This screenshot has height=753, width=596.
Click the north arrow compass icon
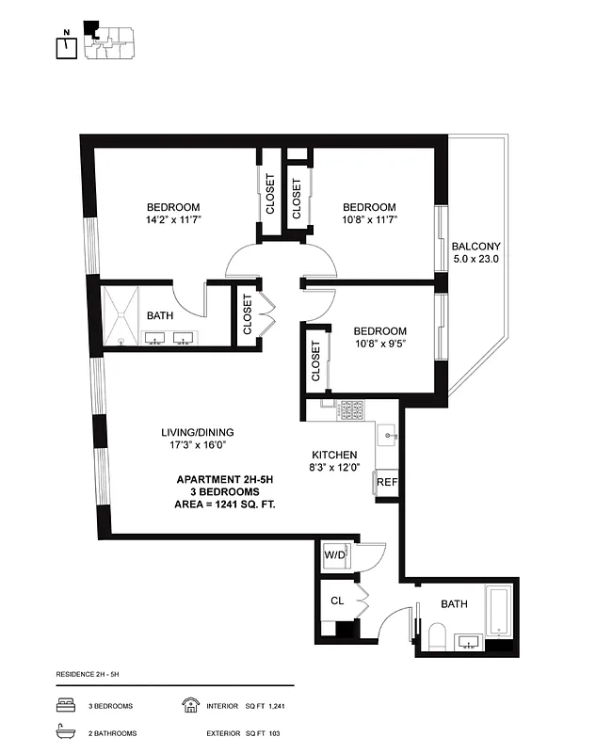tap(66, 46)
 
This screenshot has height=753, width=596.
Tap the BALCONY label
tap(475, 246)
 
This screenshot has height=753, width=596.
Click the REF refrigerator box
tap(386, 482)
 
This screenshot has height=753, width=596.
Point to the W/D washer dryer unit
tap(334, 554)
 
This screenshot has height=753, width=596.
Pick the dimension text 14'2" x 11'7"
tap(173, 219)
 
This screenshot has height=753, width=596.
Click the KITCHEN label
tap(334, 455)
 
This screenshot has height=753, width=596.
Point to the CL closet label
tap(336, 601)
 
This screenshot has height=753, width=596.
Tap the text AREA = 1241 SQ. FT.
tap(226, 505)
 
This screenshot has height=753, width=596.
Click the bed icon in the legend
tap(66, 705)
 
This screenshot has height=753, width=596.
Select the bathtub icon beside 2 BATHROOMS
tap(66, 732)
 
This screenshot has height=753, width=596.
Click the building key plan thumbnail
tap(108, 40)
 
